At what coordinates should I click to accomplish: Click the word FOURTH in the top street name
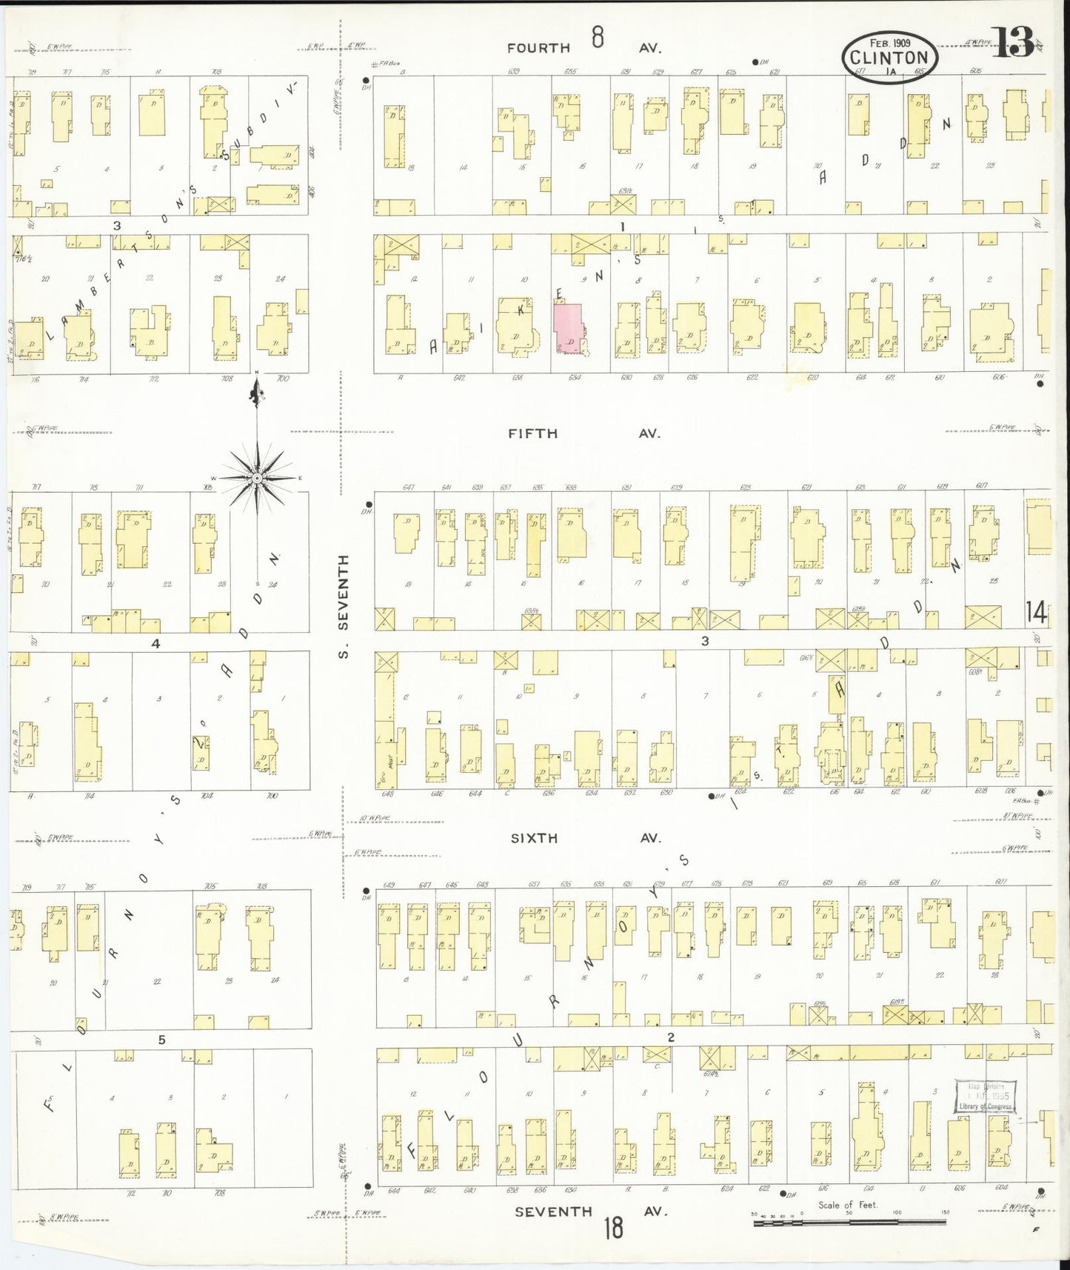click(538, 48)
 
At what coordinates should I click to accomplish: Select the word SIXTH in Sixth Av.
click(533, 838)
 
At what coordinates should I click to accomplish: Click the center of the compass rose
click(256, 479)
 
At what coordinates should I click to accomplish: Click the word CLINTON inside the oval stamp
click(889, 58)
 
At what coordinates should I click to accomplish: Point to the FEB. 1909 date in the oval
click(889, 44)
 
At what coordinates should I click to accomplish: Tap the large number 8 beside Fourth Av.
click(598, 36)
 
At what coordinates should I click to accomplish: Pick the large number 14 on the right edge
click(1037, 612)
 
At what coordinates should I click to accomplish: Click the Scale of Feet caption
click(847, 1205)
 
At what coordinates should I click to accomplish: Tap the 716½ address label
click(19, 259)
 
